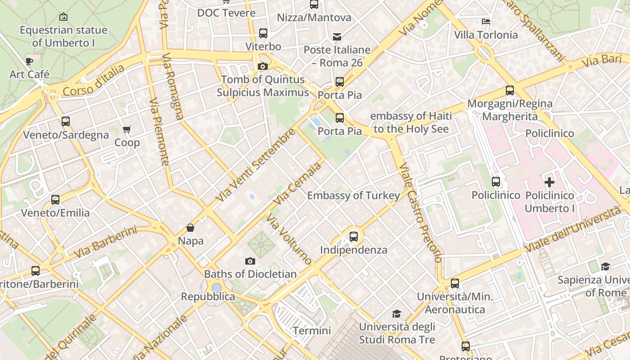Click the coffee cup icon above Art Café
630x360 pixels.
(x=29, y=61)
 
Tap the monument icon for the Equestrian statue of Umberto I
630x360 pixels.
(x=63, y=17)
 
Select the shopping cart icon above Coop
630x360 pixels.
(x=127, y=130)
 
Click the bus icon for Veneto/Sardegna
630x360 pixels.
(x=66, y=121)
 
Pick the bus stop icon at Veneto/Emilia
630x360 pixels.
(x=55, y=199)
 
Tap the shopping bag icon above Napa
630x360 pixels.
(x=190, y=228)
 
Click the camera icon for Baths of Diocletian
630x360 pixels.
(x=250, y=261)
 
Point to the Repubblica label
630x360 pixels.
(x=208, y=297)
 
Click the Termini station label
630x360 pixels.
(x=312, y=331)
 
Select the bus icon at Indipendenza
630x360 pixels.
(x=354, y=236)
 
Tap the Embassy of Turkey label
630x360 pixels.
(x=353, y=195)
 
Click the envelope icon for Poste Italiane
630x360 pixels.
(x=337, y=36)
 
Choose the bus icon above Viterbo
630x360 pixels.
(x=263, y=33)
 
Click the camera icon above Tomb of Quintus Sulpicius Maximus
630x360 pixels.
(x=263, y=67)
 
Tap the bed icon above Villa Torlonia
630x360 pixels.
(x=486, y=21)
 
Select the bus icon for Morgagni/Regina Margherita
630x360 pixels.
(x=510, y=90)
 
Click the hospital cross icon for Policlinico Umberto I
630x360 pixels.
(x=549, y=182)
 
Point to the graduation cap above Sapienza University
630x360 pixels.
(x=605, y=266)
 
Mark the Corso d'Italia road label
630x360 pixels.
(x=94, y=81)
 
